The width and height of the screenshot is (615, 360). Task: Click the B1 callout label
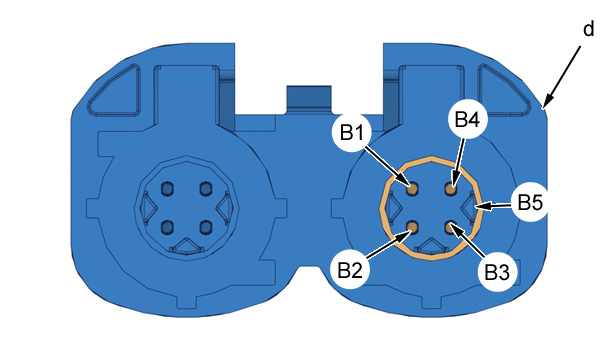pos(352,133)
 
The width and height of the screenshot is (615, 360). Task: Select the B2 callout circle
pos(349,270)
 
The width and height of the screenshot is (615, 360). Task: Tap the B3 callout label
pos(497,272)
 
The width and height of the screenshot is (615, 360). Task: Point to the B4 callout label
pos(467,119)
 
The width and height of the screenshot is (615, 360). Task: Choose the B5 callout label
pos(530,202)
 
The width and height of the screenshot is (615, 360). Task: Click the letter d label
pos(588,29)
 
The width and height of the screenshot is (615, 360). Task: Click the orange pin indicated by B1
pos(412,189)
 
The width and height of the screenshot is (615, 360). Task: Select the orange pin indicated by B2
pos(412,226)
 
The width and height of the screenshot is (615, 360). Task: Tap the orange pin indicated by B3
pos(450,226)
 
